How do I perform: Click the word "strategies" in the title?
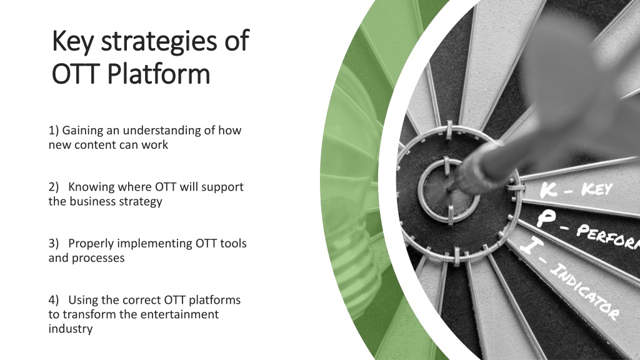[x=158, y=42]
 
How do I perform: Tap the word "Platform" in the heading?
[x=159, y=74]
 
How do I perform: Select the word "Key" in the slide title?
[x=72, y=42]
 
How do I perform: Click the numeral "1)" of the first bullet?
[x=54, y=130]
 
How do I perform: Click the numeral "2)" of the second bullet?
[x=54, y=186]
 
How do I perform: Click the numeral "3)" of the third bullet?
[x=54, y=243]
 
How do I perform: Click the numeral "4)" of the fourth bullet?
[x=54, y=300]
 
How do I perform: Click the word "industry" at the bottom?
[x=70, y=329]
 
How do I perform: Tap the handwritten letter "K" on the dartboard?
[x=549, y=189]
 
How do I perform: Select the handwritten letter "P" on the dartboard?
[x=546, y=218]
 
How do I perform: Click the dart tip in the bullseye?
[x=450, y=189]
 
